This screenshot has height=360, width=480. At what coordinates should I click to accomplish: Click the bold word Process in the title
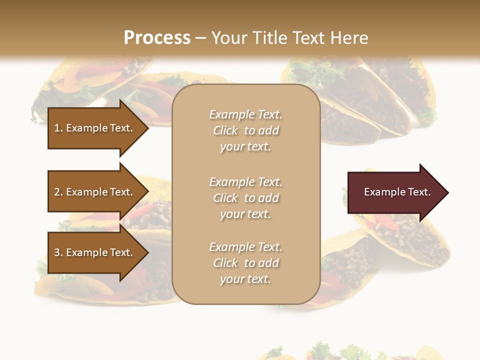157,38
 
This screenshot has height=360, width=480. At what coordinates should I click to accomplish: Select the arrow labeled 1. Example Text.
95,128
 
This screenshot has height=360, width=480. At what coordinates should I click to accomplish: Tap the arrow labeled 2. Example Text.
95,192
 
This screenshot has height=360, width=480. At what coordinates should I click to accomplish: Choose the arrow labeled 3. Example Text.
95,252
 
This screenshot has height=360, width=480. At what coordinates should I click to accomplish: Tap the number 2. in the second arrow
58,192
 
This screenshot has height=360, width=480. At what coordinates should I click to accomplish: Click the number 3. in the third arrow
58,252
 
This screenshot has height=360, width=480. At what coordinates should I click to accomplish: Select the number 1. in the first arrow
58,128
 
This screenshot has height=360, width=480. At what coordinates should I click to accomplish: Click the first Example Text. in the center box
245,114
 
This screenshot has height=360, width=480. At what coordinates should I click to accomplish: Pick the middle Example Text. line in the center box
245,182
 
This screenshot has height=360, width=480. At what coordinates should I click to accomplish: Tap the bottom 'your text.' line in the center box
245,279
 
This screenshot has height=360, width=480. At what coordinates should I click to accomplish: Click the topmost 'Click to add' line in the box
245,130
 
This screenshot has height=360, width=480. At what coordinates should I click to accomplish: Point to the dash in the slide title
200,38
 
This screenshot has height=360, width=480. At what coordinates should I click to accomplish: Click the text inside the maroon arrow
397,192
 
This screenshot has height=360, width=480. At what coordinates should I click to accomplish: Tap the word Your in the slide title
228,38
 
